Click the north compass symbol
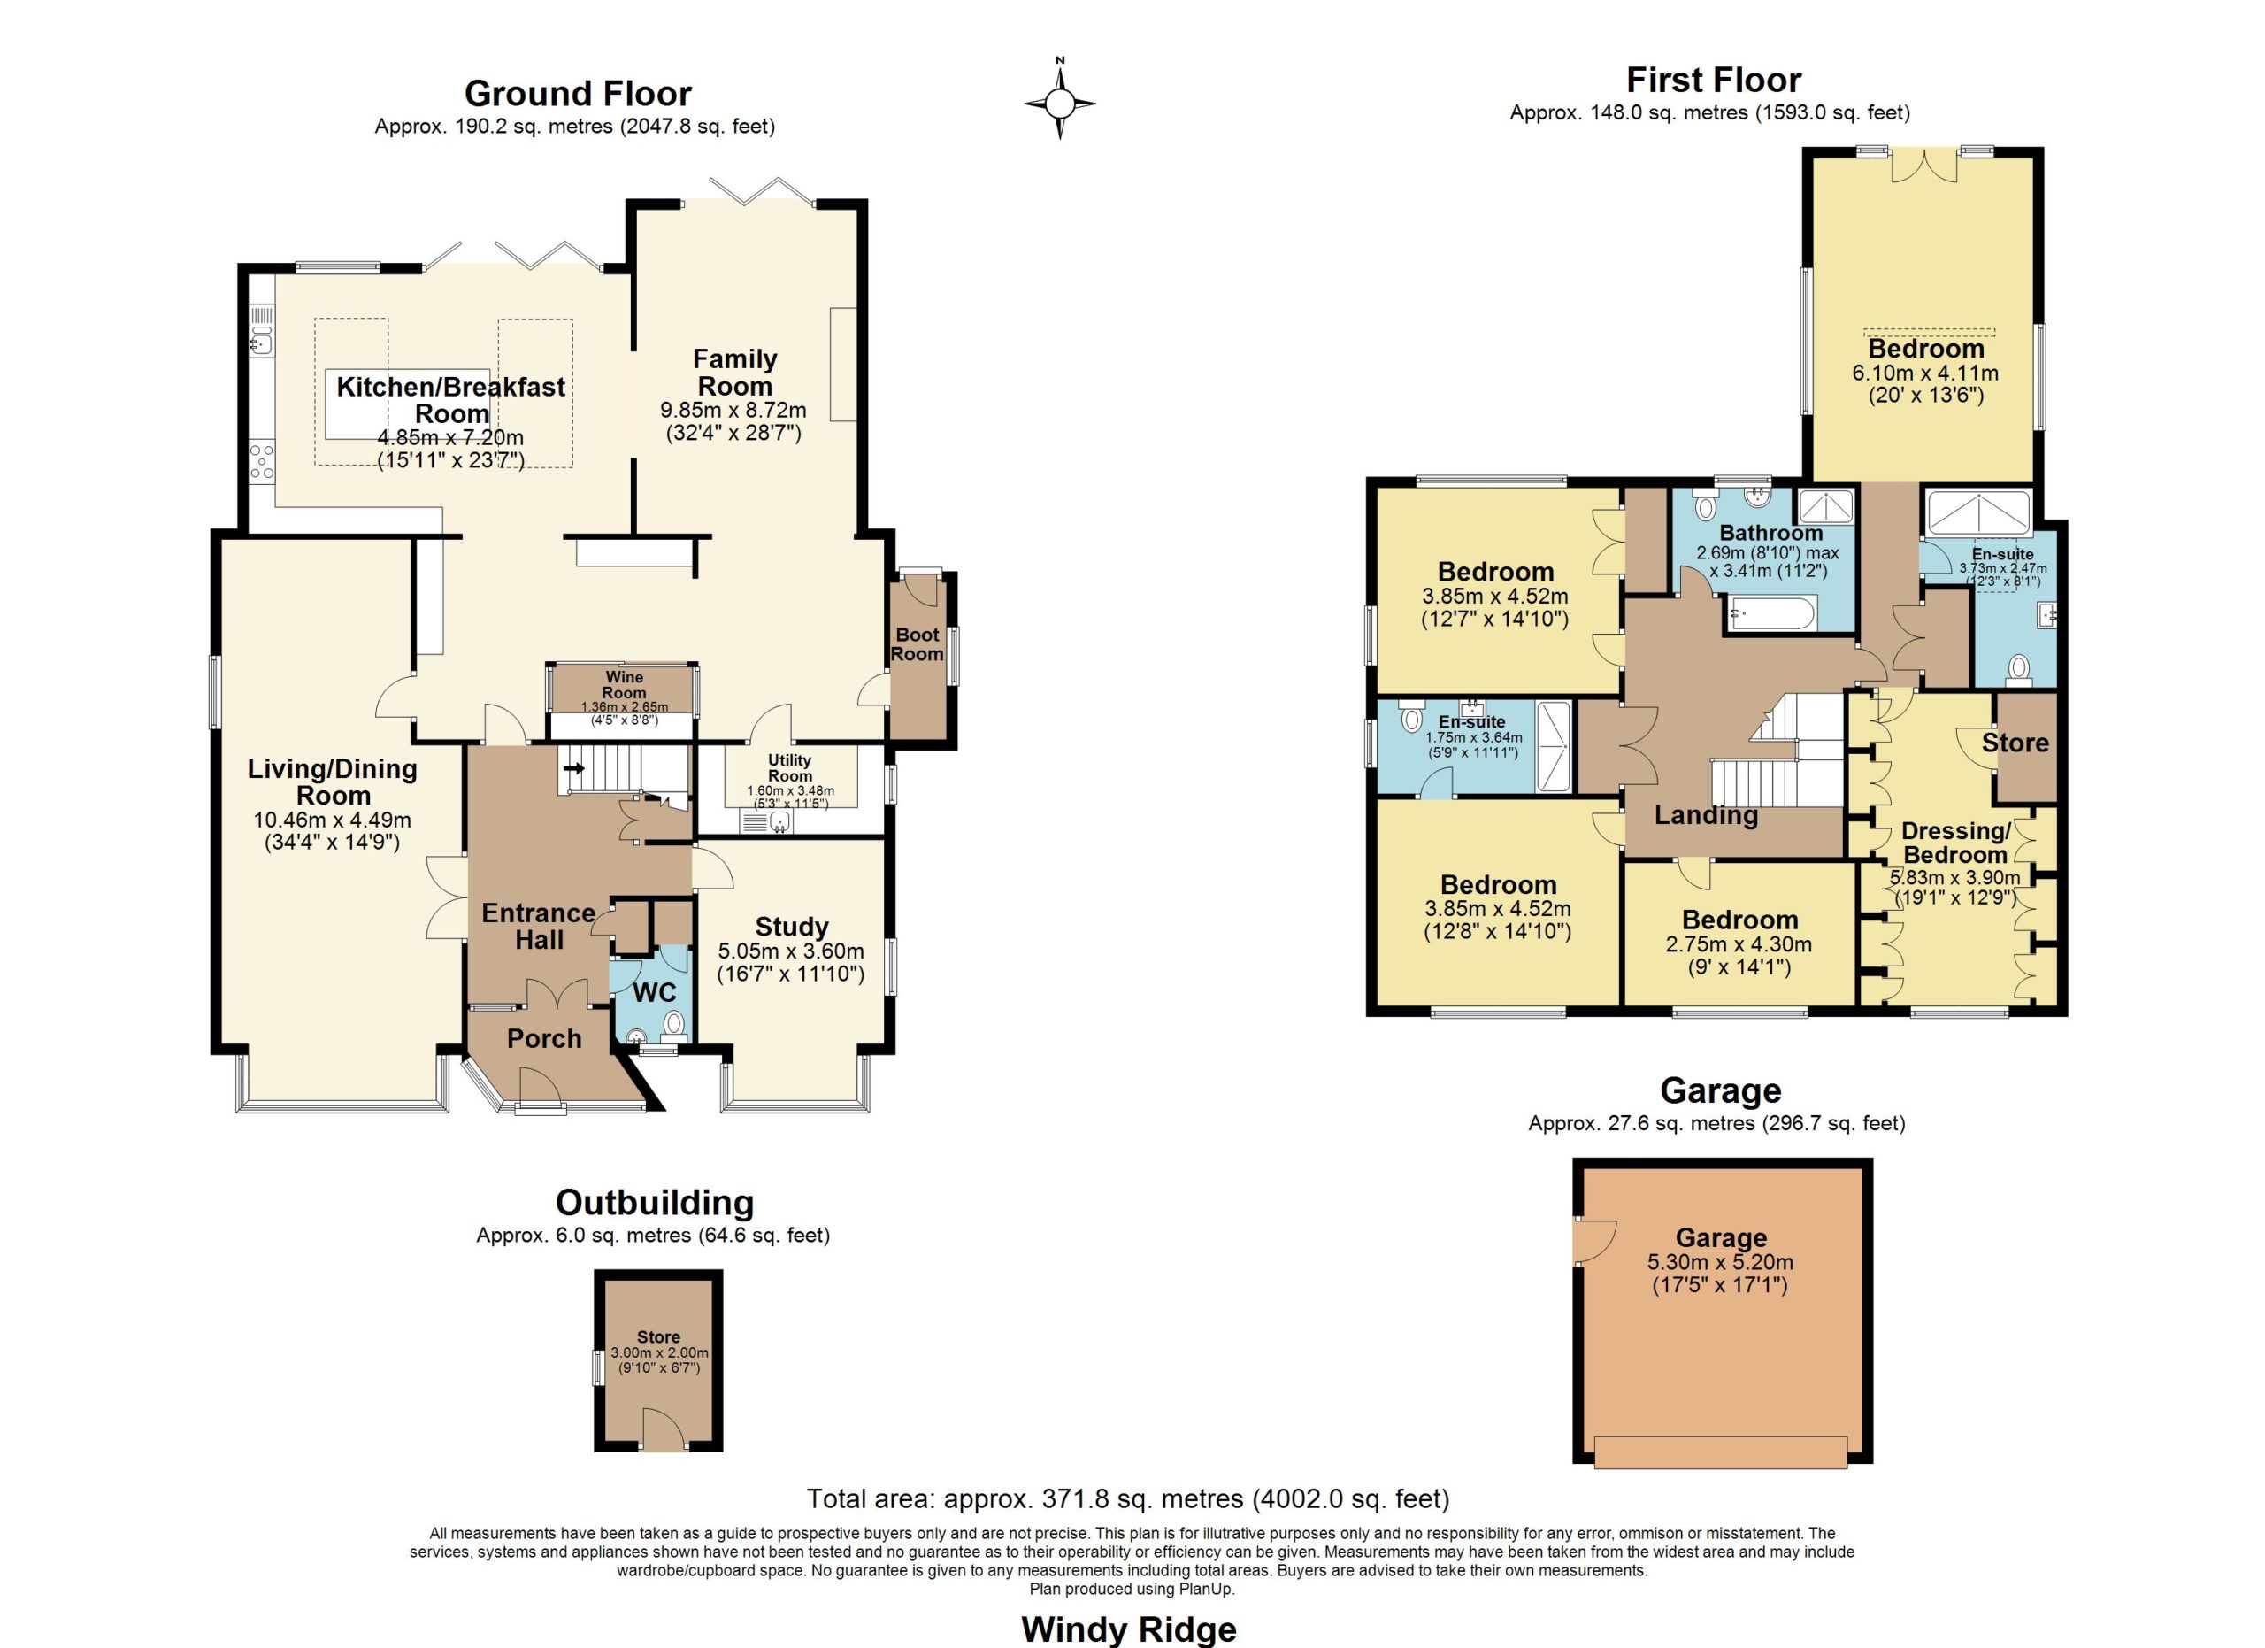(x=1060, y=101)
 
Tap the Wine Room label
(x=624, y=685)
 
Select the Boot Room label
(x=917, y=644)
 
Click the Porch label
(x=544, y=1039)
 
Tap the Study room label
(x=792, y=927)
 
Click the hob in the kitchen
(x=262, y=462)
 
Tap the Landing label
(x=1706, y=815)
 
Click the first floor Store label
(x=2015, y=743)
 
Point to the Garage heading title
(x=1721, y=1090)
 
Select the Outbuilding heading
(x=654, y=1203)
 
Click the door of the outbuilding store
(x=663, y=1428)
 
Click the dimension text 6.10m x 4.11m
(x=1925, y=373)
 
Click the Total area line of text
(x=1128, y=1498)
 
